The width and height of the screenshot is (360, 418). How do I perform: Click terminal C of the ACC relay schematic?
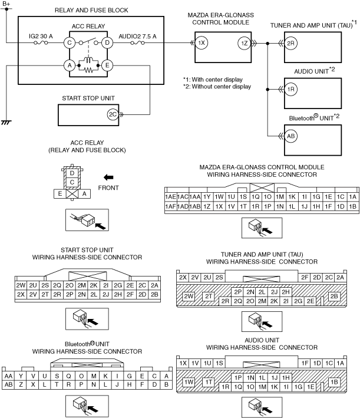click(x=70, y=42)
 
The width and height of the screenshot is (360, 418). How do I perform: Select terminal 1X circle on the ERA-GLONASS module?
click(x=202, y=43)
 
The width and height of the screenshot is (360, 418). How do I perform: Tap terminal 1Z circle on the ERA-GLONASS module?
click(x=244, y=43)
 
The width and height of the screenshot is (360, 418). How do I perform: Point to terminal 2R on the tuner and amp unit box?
click(x=290, y=43)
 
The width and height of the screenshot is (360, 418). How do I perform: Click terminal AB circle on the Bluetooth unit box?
click(x=290, y=136)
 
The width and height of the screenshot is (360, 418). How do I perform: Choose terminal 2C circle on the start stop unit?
click(x=113, y=114)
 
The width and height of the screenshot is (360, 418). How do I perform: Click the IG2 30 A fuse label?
click(x=41, y=36)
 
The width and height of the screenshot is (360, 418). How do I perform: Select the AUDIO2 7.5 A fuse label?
click(x=137, y=36)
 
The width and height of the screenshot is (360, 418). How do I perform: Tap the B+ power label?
click(x=6, y=4)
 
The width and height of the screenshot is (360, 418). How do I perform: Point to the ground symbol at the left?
click(x=6, y=123)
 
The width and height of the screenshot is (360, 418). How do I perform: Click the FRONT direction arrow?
click(x=108, y=177)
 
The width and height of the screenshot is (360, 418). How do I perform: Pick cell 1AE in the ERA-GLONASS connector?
click(x=170, y=197)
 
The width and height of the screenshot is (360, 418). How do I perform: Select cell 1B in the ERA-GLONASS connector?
click(x=352, y=206)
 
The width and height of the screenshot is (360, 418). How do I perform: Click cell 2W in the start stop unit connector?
click(x=21, y=285)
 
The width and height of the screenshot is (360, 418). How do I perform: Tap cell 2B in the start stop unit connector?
click(x=154, y=295)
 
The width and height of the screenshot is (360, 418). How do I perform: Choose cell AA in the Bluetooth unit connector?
click(x=8, y=376)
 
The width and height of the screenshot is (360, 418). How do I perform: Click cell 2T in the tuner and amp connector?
click(x=209, y=296)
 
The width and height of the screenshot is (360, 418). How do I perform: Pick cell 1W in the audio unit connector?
click(x=189, y=382)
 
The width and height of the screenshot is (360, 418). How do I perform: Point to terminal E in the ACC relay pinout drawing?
click(x=60, y=194)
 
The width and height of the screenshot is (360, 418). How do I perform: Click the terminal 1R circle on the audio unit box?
click(x=290, y=89)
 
